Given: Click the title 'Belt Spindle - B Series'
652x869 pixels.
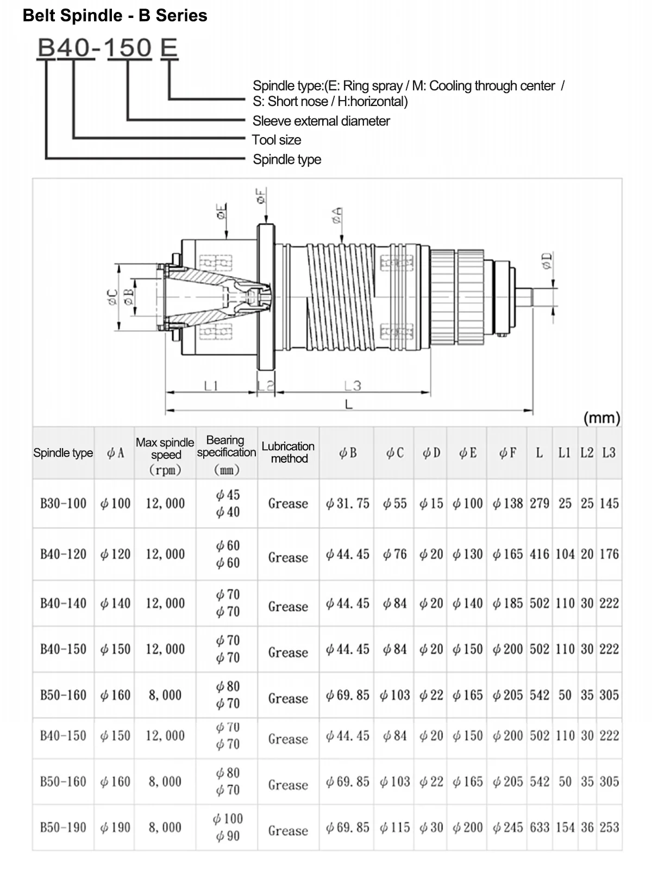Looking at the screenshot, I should coord(115,15).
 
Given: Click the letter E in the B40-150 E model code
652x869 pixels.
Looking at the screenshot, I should coord(169,48).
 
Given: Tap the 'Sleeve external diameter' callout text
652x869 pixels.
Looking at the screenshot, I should coord(321,121).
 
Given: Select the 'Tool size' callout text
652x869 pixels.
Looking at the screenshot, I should coord(277,140).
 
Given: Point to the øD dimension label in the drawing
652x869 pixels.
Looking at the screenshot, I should coord(547,261).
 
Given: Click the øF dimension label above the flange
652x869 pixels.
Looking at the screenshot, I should coord(261,196).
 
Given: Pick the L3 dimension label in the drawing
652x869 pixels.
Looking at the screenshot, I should coord(353,386).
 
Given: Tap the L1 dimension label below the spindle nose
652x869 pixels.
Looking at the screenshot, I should coord(211,386).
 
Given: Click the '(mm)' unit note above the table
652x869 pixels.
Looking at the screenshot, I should coord(601,418).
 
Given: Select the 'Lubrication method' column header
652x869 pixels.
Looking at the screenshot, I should coord(288,452).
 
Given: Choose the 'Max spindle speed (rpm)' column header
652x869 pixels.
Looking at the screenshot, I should coord(165,456).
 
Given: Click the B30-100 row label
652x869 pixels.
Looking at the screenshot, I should coord(63,503).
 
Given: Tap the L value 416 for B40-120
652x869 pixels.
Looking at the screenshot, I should coord(540,554).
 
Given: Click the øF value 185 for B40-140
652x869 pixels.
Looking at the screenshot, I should coord(507,603).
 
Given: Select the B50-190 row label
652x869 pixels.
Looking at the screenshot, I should coord(63,827).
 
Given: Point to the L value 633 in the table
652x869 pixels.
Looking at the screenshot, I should coord(540,827).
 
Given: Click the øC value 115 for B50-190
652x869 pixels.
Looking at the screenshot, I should coord(394,827).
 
